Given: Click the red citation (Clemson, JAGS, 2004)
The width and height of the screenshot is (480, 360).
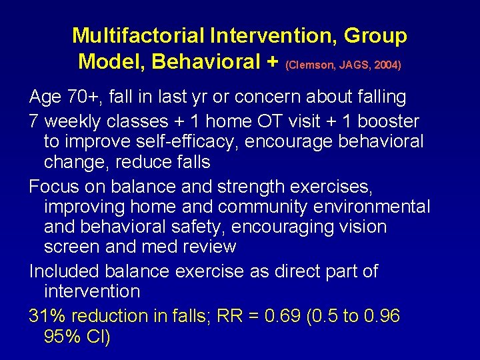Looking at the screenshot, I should (x=343, y=65).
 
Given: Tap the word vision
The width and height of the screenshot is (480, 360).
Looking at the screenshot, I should (x=360, y=227).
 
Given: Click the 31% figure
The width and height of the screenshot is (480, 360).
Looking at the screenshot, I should (x=48, y=317).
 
